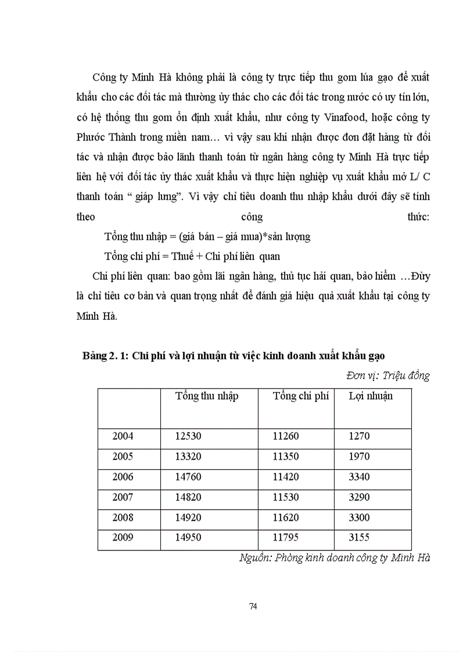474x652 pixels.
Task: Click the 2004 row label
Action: point(123,436)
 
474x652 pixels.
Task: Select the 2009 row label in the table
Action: point(123,537)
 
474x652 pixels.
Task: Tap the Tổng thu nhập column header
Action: point(207,396)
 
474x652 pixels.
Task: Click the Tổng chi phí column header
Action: point(301,396)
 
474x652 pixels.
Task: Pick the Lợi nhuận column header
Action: point(371,396)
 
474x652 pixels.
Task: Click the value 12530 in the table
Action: point(188,436)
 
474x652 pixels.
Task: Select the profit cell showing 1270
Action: point(359,436)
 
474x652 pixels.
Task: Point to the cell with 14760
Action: point(188,477)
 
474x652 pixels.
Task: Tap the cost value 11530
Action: point(286,497)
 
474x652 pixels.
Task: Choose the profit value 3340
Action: point(359,477)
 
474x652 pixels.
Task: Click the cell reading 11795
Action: point(286,537)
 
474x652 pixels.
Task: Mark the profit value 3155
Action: point(359,537)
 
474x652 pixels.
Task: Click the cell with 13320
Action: point(188,456)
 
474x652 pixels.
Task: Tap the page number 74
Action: point(253,606)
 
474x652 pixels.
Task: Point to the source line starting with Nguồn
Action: point(334,558)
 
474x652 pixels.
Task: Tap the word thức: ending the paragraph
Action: point(418,217)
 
